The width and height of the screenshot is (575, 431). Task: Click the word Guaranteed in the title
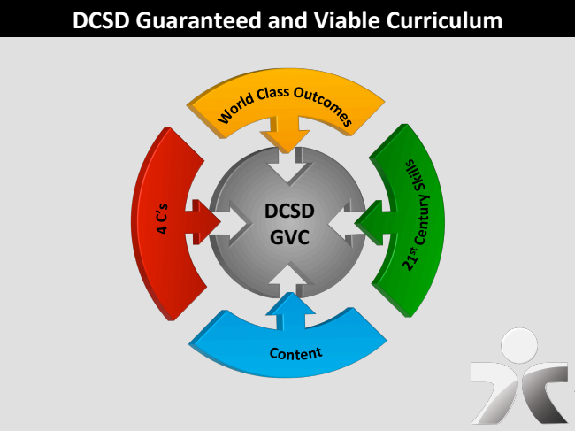[199, 20]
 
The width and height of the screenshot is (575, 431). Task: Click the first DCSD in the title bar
[101, 20]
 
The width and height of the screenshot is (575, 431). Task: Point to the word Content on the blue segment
[295, 354]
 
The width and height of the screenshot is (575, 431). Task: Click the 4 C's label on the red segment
[162, 219]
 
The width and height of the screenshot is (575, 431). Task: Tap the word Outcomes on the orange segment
[323, 105]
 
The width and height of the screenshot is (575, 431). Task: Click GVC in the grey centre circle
[289, 237]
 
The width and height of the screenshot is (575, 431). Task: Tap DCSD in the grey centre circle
[289, 212]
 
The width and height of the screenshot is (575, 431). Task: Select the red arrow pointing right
[203, 222]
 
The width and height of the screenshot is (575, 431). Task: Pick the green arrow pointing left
[373, 222]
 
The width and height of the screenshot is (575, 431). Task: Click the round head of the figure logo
[519, 345]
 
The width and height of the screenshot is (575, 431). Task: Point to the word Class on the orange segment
[272, 93]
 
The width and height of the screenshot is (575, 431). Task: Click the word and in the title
[287, 20]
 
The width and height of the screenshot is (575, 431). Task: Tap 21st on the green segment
[410, 258]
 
